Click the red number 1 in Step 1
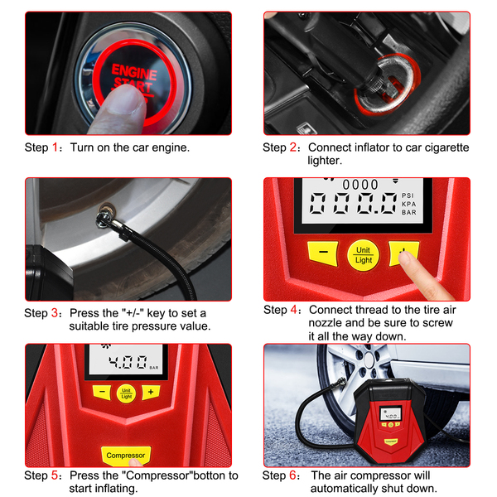pos(55,147)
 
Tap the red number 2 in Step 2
pos(293,147)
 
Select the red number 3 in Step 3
pos(55,313)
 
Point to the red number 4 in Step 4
pos(294,310)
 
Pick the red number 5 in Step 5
pos(55,475)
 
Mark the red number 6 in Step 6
pos(292,475)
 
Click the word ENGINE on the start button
pos(134,72)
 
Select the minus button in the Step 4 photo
pos(323,253)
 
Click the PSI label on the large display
pos(408,195)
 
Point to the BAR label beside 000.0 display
pos(409,212)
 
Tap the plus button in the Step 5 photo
pos(151,392)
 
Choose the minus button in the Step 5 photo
pos(102,393)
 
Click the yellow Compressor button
pos(126,456)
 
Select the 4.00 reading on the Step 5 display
pos(128,362)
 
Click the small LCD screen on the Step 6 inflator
pos(391,413)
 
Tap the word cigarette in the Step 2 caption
pos(446,147)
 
